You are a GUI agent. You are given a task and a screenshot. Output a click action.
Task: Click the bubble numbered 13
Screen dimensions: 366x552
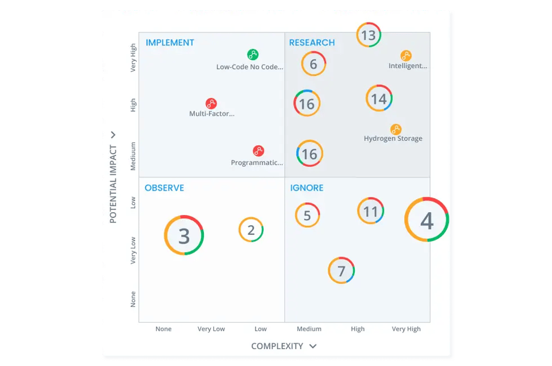(369, 35)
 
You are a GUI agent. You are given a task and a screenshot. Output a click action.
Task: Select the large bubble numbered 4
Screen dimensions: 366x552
(426, 220)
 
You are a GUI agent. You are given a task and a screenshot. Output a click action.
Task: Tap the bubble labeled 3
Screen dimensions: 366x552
(184, 235)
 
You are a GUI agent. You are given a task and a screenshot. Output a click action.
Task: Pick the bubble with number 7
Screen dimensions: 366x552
(341, 271)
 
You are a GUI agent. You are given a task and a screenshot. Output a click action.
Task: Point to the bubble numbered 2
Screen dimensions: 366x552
(251, 230)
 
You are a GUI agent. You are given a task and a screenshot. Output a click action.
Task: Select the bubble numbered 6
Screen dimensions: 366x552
(313, 64)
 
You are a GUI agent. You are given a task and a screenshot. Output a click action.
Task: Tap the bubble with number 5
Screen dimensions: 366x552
(307, 215)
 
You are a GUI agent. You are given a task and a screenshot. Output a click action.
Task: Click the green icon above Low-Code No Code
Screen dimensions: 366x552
(253, 54)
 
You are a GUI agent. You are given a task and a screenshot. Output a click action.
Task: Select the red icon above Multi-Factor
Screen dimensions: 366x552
(211, 103)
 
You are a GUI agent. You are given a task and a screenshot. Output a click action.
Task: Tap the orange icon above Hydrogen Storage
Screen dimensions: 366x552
(396, 129)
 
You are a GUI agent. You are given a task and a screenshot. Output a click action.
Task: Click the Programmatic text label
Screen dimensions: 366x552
(257, 163)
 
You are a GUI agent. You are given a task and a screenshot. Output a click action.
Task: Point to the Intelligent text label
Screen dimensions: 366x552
(408, 66)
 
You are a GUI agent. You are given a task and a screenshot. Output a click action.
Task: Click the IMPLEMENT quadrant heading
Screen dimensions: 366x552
(170, 43)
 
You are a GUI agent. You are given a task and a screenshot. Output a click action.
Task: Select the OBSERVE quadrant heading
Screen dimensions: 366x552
(164, 188)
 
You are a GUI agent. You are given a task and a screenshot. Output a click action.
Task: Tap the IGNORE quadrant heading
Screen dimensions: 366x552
(307, 188)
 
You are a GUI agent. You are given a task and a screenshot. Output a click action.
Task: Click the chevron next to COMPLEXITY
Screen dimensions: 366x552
(313, 346)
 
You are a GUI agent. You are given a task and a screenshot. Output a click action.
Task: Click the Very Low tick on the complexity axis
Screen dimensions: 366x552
(211, 329)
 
